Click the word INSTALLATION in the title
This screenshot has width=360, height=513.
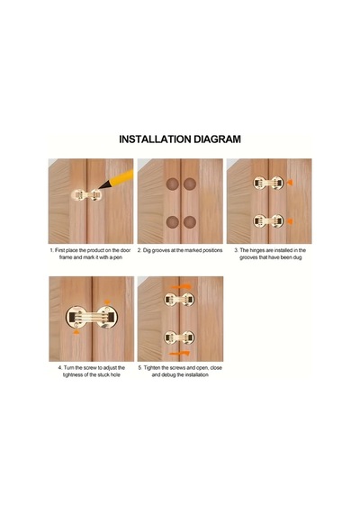pos(155,139)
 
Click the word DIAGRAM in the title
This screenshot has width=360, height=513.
pos(217,139)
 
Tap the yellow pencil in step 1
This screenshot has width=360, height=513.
pos(116,180)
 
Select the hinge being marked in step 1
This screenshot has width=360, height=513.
pos(86,195)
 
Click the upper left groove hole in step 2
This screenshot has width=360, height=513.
pos(173,184)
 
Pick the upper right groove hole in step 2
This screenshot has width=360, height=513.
pos(190,184)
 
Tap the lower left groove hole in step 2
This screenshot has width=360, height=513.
pos(173,222)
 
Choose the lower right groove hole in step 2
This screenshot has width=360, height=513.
pos(190,222)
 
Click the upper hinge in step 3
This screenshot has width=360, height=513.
pos(268,183)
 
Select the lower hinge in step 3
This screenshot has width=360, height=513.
pos(268,220)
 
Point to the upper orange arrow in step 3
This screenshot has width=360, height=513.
pos(290,182)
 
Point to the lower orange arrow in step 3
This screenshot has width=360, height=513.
pos(290,221)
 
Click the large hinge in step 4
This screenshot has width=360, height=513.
pos(91,317)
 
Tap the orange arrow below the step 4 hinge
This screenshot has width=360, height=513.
pos(76,332)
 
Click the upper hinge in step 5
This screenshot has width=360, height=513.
pos(179,299)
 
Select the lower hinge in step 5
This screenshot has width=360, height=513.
pos(179,337)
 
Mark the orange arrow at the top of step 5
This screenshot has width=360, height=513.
pos(180,287)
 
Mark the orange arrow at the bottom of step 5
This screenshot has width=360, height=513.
pos(179,354)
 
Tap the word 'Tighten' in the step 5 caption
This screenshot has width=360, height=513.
pos(152,368)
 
